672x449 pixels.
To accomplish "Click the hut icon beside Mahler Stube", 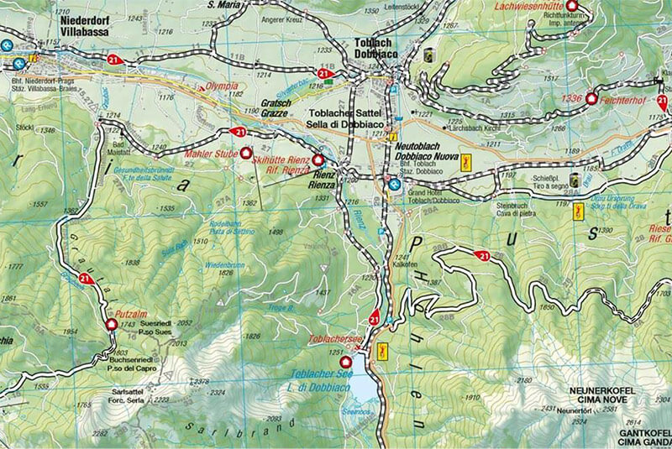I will pos(246,154).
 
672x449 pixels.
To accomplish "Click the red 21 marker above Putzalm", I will pos(84,278).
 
